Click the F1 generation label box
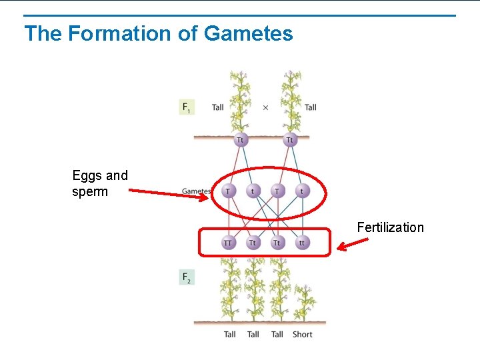[187, 107]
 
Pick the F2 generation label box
[187, 277]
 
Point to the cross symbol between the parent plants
[265, 107]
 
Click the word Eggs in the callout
[87, 176]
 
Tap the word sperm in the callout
[90, 192]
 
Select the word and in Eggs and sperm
[117, 176]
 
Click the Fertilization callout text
[390, 227]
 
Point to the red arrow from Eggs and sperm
[170, 193]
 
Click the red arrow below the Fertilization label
[353, 244]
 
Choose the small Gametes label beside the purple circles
[196, 191]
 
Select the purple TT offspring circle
[229, 243]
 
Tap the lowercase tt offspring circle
[302, 243]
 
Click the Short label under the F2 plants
[302, 334]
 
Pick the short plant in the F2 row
[305, 303]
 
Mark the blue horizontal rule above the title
[240, 15]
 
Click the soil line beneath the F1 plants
[252, 137]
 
